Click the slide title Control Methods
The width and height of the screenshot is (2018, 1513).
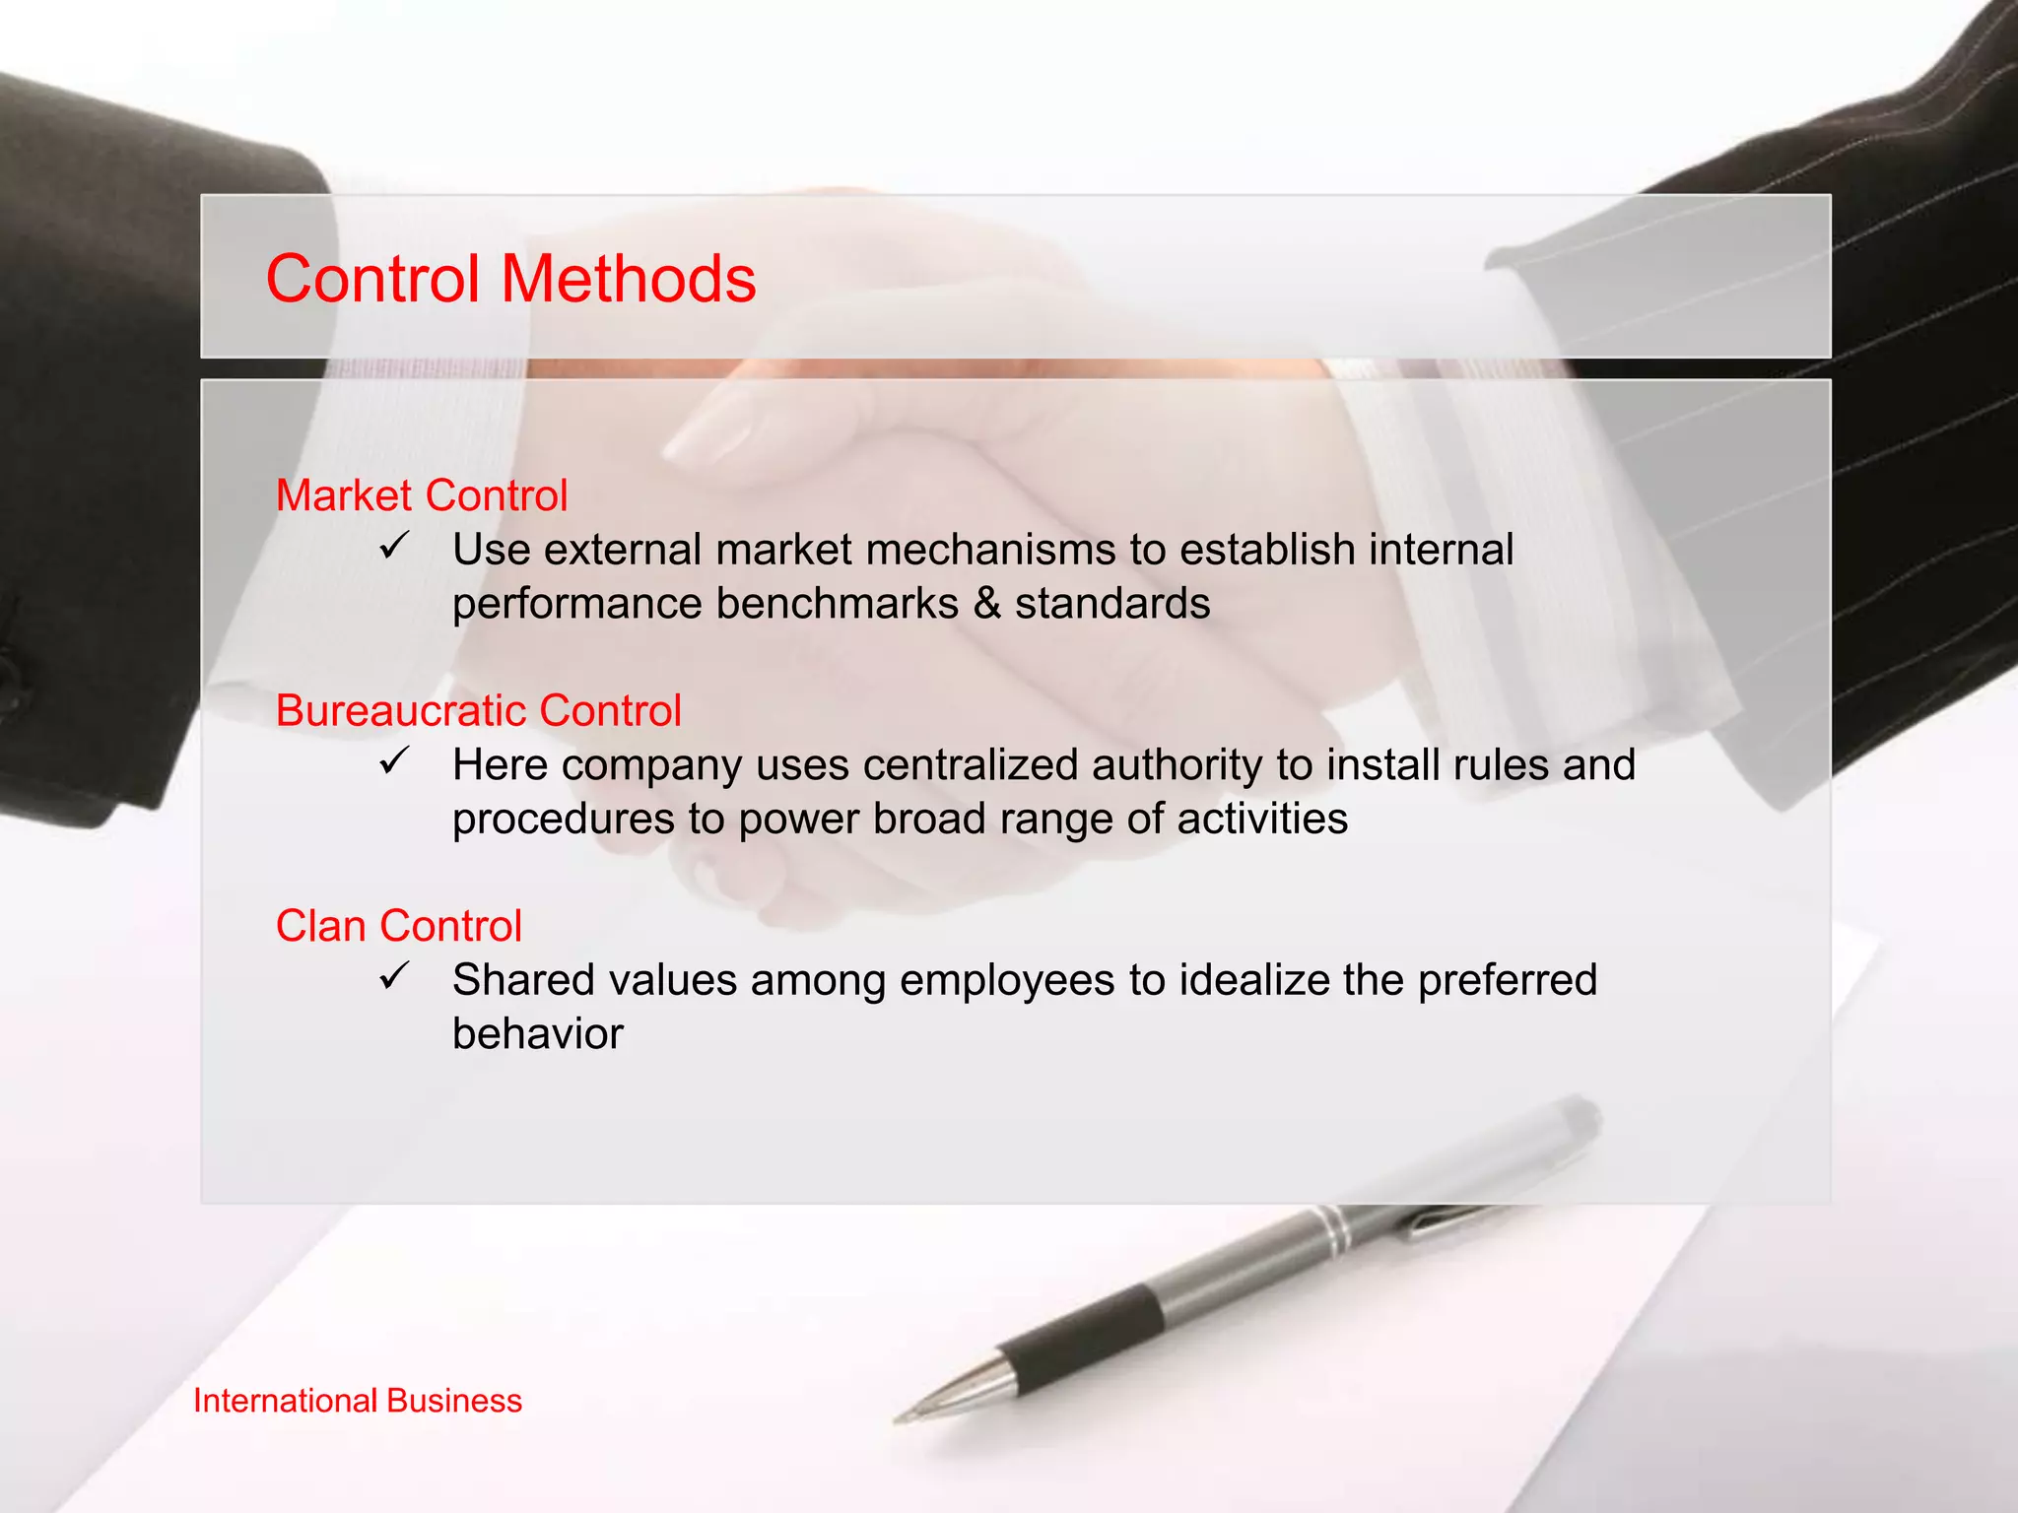[510, 279]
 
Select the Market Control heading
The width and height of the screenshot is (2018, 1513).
[422, 495]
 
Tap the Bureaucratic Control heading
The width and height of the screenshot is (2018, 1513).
[478, 710]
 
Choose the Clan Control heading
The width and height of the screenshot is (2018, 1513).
[398, 926]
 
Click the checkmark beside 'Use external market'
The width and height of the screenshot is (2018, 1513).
[393, 545]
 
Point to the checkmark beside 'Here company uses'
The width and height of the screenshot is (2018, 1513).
[393, 760]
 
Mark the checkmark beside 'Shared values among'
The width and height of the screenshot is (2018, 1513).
[393, 976]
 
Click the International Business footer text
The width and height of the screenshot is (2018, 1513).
[358, 1401]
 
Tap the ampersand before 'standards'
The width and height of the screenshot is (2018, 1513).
[986, 604]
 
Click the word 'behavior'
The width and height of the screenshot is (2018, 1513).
[538, 1034]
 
